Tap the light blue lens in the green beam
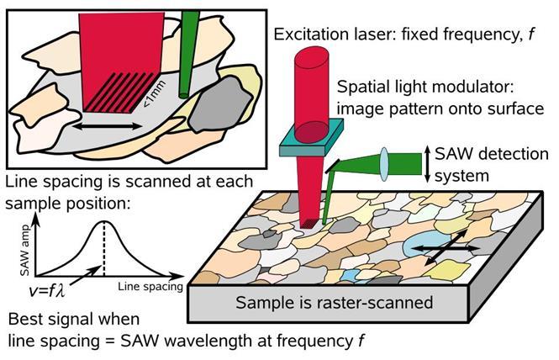click(384, 164)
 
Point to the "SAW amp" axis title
click(25, 251)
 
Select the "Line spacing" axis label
click(150, 286)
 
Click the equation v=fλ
click(47, 290)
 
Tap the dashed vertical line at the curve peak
click(103, 249)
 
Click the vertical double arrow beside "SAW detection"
click(428, 164)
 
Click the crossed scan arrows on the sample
click(446, 247)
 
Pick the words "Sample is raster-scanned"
click(334, 303)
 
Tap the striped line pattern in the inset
click(119, 92)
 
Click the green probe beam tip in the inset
click(183, 95)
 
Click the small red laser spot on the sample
click(308, 224)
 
